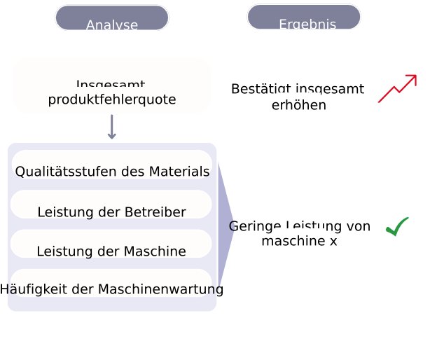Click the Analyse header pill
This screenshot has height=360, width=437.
click(112, 18)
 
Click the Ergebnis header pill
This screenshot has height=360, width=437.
click(304, 18)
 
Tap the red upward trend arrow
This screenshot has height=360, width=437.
click(397, 89)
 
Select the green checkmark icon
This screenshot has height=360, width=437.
click(397, 226)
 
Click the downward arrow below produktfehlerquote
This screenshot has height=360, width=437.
click(112, 127)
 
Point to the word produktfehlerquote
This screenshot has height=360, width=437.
click(112, 99)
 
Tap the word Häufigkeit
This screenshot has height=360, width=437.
click(31, 289)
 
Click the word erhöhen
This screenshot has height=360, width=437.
click(299, 106)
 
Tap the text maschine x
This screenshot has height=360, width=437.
click(299, 241)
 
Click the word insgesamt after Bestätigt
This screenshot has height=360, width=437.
click(330, 90)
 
